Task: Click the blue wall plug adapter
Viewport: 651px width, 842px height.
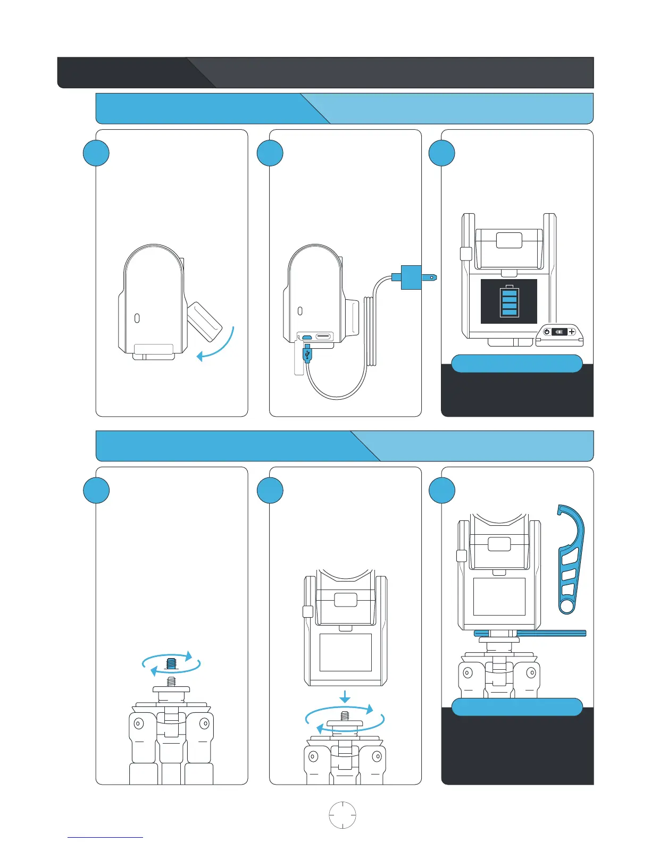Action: pyautogui.click(x=411, y=277)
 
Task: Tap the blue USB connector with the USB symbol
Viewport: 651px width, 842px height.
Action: pyautogui.click(x=307, y=354)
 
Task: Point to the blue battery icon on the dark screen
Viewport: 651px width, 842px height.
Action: pyautogui.click(x=509, y=301)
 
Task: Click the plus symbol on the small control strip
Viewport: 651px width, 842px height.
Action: pyautogui.click(x=572, y=332)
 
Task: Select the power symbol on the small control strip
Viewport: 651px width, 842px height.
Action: pyautogui.click(x=546, y=332)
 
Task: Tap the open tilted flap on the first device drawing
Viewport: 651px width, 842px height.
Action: pyautogui.click(x=204, y=321)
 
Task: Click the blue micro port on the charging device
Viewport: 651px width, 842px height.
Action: pyautogui.click(x=307, y=337)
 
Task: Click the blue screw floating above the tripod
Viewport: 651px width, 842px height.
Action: pyautogui.click(x=171, y=663)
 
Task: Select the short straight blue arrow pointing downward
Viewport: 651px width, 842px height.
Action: pyautogui.click(x=345, y=696)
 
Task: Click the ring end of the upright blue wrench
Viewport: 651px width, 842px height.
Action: pyautogui.click(x=567, y=605)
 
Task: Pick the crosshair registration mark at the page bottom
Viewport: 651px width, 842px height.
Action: pyautogui.click(x=343, y=814)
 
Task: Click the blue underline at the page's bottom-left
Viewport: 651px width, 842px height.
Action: pyautogui.click(x=105, y=837)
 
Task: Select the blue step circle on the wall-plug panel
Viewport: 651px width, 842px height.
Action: pyautogui.click(x=270, y=153)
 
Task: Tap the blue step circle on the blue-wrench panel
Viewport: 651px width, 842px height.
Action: pyautogui.click(x=442, y=490)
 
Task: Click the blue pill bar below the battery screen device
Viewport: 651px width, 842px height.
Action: pyautogui.click(x=516, y=364)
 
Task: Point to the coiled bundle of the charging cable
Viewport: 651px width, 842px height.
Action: pyautogui.click(x=371, y=331)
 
